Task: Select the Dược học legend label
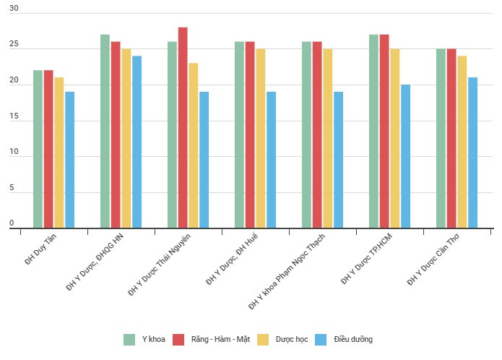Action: click(x=290, y=339)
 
